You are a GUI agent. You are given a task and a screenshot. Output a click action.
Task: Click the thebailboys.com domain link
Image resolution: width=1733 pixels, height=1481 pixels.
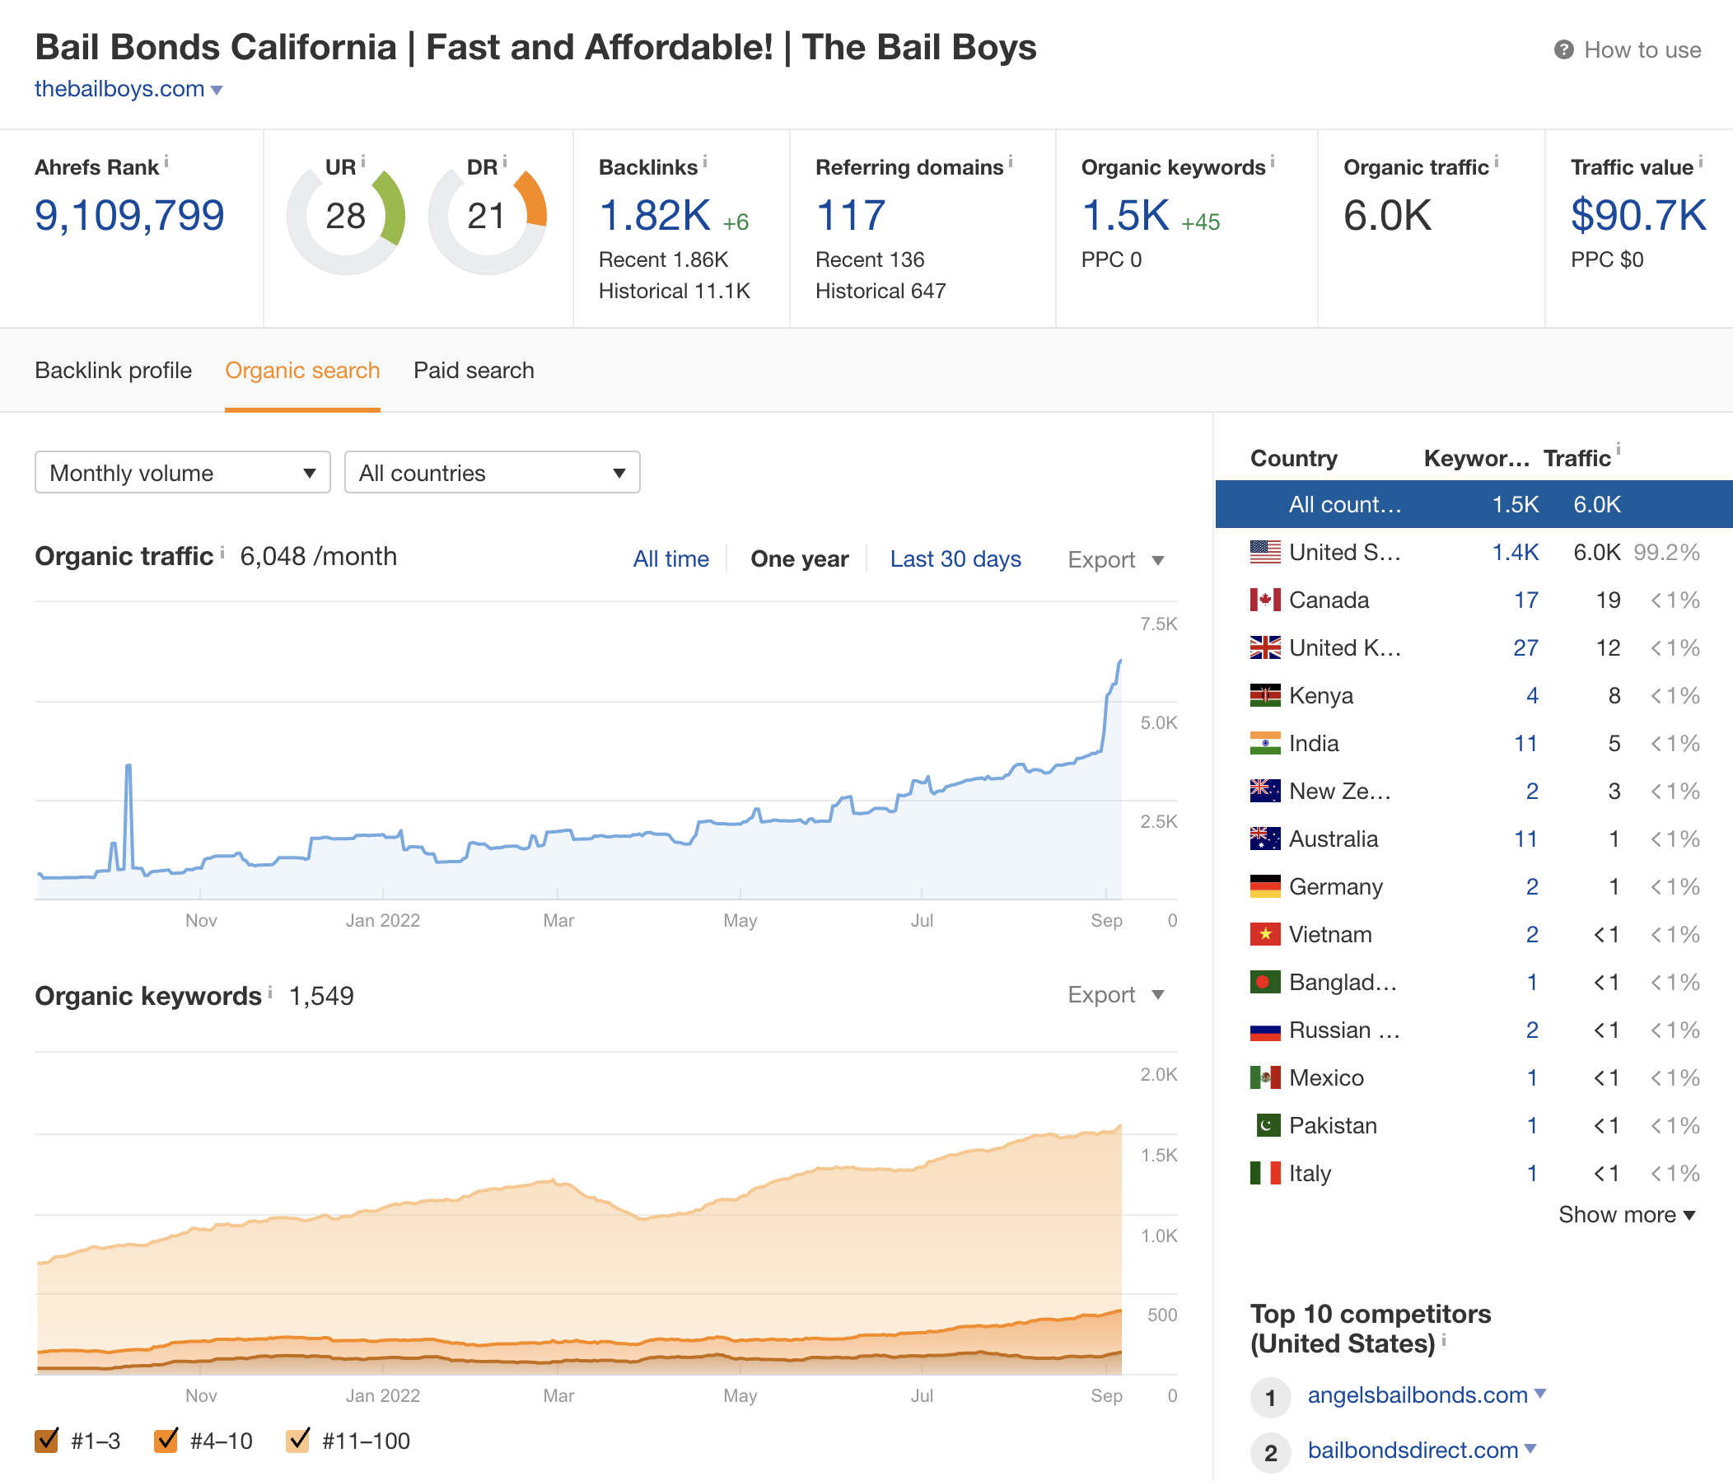tap(119, 89)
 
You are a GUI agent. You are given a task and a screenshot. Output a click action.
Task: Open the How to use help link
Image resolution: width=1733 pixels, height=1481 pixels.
tap(1641, 50)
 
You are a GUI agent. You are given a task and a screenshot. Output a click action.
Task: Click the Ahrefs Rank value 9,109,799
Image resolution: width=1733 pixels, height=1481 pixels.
tap(129, 216)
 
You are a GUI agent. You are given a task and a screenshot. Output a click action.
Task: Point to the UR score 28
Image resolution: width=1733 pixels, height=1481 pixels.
tap(345, 217)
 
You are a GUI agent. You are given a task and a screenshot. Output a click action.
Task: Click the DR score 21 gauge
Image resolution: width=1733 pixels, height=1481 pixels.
tap(487, 217)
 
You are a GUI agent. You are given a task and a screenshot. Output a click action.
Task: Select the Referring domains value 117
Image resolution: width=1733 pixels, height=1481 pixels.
tap(850, 216)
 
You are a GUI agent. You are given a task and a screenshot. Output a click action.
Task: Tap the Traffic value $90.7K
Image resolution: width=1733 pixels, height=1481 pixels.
tap(1637, 216)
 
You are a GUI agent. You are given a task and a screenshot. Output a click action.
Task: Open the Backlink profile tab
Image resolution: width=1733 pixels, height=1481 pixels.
tap(113, 371)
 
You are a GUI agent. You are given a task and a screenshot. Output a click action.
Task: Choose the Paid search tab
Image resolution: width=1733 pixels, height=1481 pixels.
tap(474, 371)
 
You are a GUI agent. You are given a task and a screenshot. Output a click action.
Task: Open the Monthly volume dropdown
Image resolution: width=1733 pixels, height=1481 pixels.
tap(182, 473)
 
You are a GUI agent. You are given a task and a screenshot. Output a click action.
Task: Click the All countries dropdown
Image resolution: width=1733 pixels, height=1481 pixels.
tap(492, 473)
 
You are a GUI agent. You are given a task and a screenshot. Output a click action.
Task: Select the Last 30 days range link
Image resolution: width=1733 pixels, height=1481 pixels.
tap(955, 558)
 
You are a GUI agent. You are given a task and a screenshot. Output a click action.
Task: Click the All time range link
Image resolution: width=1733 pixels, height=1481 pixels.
tap(670, 558)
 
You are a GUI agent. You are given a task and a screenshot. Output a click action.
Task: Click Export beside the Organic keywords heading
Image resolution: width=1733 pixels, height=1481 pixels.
tap(1115, 994)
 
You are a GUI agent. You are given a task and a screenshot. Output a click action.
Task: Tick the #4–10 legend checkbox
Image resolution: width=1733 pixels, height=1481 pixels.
tap(166, 1440)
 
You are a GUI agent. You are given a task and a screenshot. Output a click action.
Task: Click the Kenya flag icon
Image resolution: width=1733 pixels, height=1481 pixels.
tap(1264, 695)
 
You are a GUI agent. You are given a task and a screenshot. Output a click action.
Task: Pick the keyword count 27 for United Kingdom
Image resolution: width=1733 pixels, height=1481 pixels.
tap(1525, 647)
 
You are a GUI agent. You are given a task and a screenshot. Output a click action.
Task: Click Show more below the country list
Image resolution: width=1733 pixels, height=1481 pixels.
tap(1626, 1214)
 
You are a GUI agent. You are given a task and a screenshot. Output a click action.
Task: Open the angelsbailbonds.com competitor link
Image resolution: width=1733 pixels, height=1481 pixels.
tap(1417, 1395)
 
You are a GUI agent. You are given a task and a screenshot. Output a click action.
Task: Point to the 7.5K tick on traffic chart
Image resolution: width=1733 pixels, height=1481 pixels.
tap(1158, 624)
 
